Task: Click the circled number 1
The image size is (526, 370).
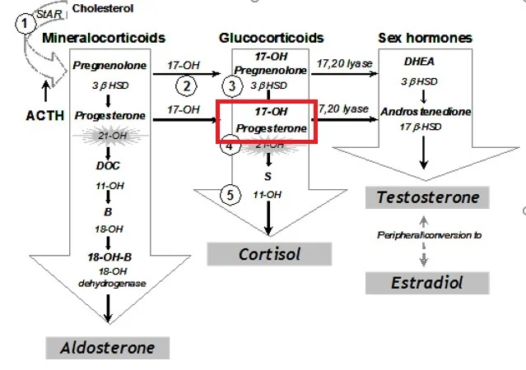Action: [x=26, y=23]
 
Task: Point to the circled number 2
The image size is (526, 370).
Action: [x=187, y=86]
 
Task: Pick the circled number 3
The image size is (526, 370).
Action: [x=233, y=86]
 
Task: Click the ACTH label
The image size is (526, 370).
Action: [x=44, y=115]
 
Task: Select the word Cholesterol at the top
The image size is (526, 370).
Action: [x=106, y=8]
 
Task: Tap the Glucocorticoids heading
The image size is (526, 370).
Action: [x=271, y=38]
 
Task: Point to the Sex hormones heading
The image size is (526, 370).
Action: [x=425, y=38]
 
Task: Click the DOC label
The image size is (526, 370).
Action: [x=108, y=165]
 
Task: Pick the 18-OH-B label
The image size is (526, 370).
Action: [x=109, y=257]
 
